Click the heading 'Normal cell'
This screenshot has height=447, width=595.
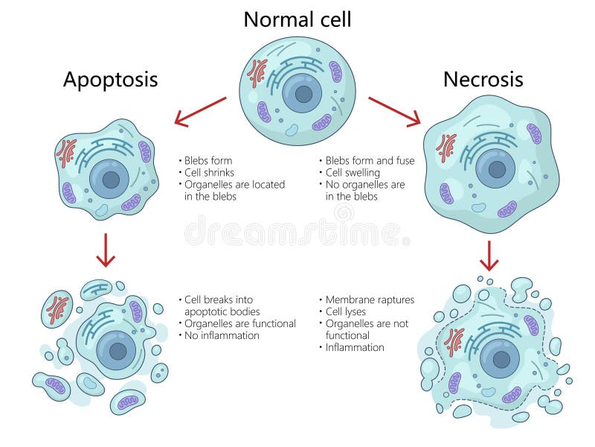[x=297, y=19]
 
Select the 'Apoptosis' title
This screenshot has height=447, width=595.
[x=110, y=80]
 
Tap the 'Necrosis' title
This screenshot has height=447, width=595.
[x=483, y=79]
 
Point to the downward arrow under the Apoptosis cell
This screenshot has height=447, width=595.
[x=106, y=250]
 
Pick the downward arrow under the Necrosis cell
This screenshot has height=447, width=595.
[x=489, y=255]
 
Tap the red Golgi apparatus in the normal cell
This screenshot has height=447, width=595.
[x=257, y=73]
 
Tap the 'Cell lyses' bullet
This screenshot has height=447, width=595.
[x=346, y=311]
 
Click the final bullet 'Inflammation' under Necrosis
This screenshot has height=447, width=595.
[x=355, y=347]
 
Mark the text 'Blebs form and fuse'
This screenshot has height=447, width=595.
[x=370, y=161]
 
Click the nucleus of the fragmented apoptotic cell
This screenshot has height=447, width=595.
[x=117, y=350]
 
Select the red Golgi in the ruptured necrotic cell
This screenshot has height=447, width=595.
[x=454, y=340]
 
